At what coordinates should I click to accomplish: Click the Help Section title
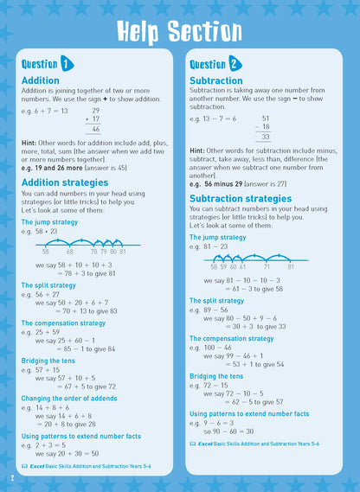tap(180, 31)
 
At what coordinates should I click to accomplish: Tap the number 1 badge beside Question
tap(67, 64)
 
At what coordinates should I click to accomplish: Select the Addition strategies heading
tap(65, 182)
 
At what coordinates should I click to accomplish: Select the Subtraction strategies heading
tap(241, 198)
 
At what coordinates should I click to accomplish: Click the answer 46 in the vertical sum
tap(95, 129)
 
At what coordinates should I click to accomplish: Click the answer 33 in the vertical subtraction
tap(266, 137)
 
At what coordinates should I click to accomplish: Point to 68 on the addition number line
tap(70, 251)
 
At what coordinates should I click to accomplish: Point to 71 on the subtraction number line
tap(268, 267)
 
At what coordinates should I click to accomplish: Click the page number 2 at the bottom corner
tap(12, 477)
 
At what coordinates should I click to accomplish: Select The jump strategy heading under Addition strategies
tap(49, 222)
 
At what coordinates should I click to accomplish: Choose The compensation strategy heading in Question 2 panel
tap(231, 338)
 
